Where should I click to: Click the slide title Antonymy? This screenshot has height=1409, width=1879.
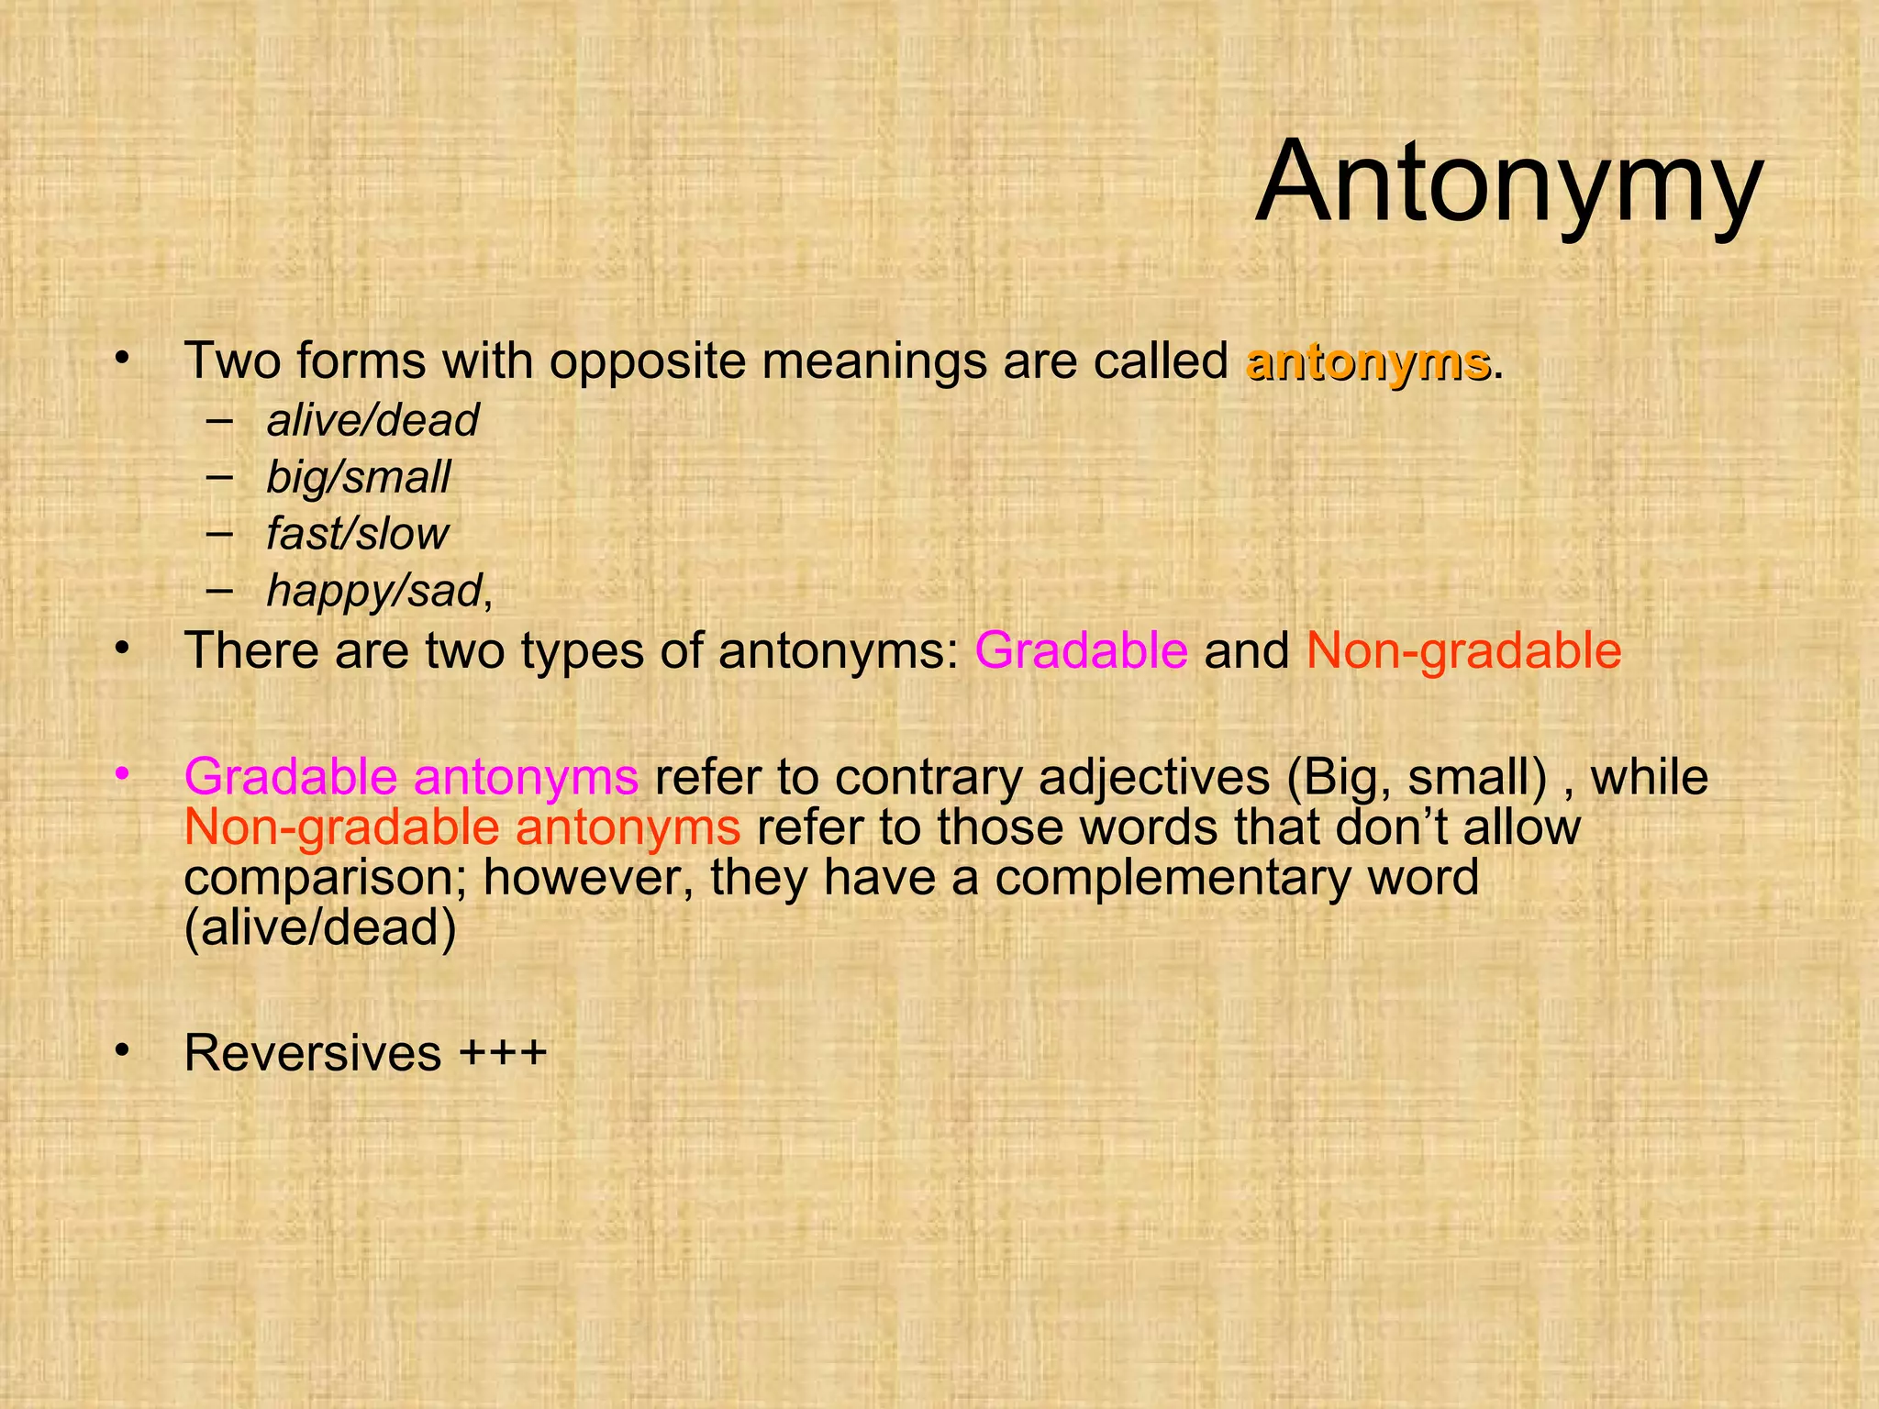(1508, 182)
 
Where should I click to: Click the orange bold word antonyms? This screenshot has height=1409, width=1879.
(1367, 361)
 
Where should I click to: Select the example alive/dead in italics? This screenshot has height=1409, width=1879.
(372, 421)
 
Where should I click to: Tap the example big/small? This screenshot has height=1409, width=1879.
(358, 478)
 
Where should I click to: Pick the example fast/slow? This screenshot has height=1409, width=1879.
(357, 534)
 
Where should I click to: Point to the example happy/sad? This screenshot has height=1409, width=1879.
(374, 591)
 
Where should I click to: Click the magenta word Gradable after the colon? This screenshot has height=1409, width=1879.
(1081, 650)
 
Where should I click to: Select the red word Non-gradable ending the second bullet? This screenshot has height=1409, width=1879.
(1463, 650)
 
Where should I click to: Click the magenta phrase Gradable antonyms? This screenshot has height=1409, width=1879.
(411, 776)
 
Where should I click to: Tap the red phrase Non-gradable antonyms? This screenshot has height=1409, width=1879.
(462, 827)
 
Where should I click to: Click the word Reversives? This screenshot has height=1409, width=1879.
(313, 1052)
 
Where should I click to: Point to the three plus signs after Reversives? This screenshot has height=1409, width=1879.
(503, 1052)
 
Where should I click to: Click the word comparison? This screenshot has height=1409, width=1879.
(327, 879)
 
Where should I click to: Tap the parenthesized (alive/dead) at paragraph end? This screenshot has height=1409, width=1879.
(320, 927)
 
